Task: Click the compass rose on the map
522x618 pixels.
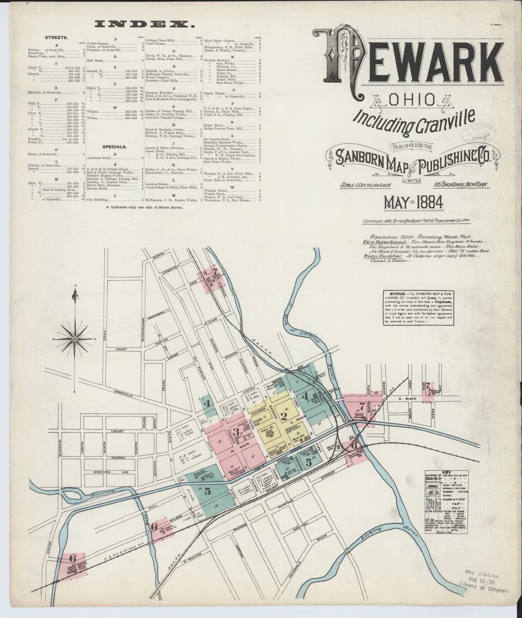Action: point(76,338)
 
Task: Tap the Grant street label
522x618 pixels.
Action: point(122,350)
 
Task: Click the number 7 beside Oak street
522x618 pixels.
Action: point(215,274)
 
